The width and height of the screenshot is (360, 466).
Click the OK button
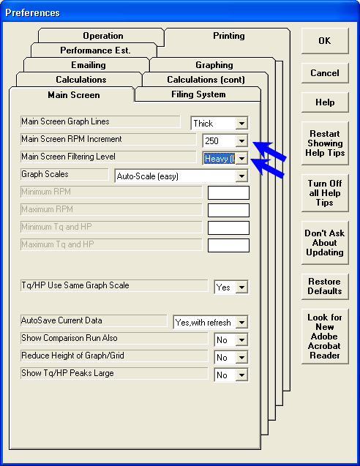(325, 41)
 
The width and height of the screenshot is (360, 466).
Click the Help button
(325, 102)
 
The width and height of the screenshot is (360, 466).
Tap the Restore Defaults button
(325, 287)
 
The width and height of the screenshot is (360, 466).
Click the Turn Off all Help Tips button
(325, 193)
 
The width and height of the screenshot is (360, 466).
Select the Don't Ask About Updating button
(325, 243)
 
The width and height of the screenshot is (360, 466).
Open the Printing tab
(228, 36)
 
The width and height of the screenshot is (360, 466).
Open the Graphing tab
(214, 65)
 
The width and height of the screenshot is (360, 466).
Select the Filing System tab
(198, 94)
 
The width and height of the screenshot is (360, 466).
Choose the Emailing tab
(89, 65)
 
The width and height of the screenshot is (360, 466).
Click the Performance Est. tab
(95, 50)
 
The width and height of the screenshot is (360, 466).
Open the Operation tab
(103, 36)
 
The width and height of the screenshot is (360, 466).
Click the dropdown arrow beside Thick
(241, 124)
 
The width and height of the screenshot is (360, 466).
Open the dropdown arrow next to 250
(241, 141)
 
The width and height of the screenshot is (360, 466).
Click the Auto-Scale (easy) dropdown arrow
(241, 176)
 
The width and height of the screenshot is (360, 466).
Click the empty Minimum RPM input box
(228, 193)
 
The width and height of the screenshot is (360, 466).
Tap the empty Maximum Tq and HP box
(228, 246)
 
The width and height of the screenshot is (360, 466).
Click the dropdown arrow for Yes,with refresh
(241, 323)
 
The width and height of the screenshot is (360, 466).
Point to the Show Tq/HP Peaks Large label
(67, 373)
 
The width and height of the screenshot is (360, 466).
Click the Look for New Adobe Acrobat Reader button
(325, 337)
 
